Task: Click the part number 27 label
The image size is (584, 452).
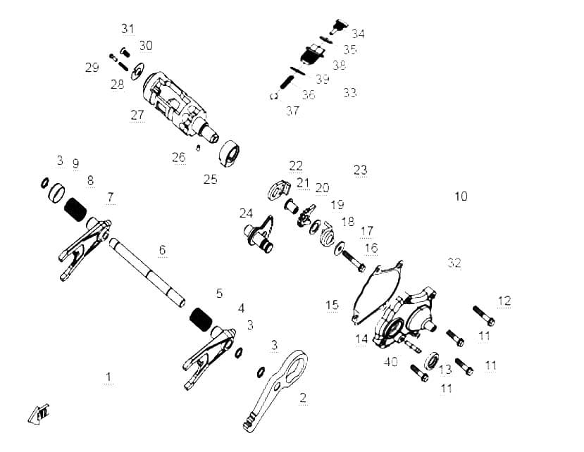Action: tap(137, 115)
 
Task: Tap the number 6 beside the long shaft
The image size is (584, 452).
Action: tap(162, 250)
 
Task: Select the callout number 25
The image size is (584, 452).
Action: tap(211, 179)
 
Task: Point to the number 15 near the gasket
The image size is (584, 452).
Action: tap(333, 305)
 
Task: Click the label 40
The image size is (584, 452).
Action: tap(391, 361)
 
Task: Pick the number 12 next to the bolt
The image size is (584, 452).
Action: tap(504, 301)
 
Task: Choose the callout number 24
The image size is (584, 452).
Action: tap(246, 213)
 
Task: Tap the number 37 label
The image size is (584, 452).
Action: tap(292, 111)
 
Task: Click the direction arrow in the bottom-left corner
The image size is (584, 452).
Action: tap(38, 414)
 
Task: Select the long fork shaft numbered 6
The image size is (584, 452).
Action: tap(147, 272)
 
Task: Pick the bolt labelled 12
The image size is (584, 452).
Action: tap(484, 315)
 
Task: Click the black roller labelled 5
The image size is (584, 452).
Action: tap(201, 320)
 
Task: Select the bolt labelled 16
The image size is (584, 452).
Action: tap(353, 261)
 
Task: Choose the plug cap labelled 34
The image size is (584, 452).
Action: tap(338, 27)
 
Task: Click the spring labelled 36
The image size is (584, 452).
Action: tap(287, 82)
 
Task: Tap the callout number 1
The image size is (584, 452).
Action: tap(108, 377)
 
